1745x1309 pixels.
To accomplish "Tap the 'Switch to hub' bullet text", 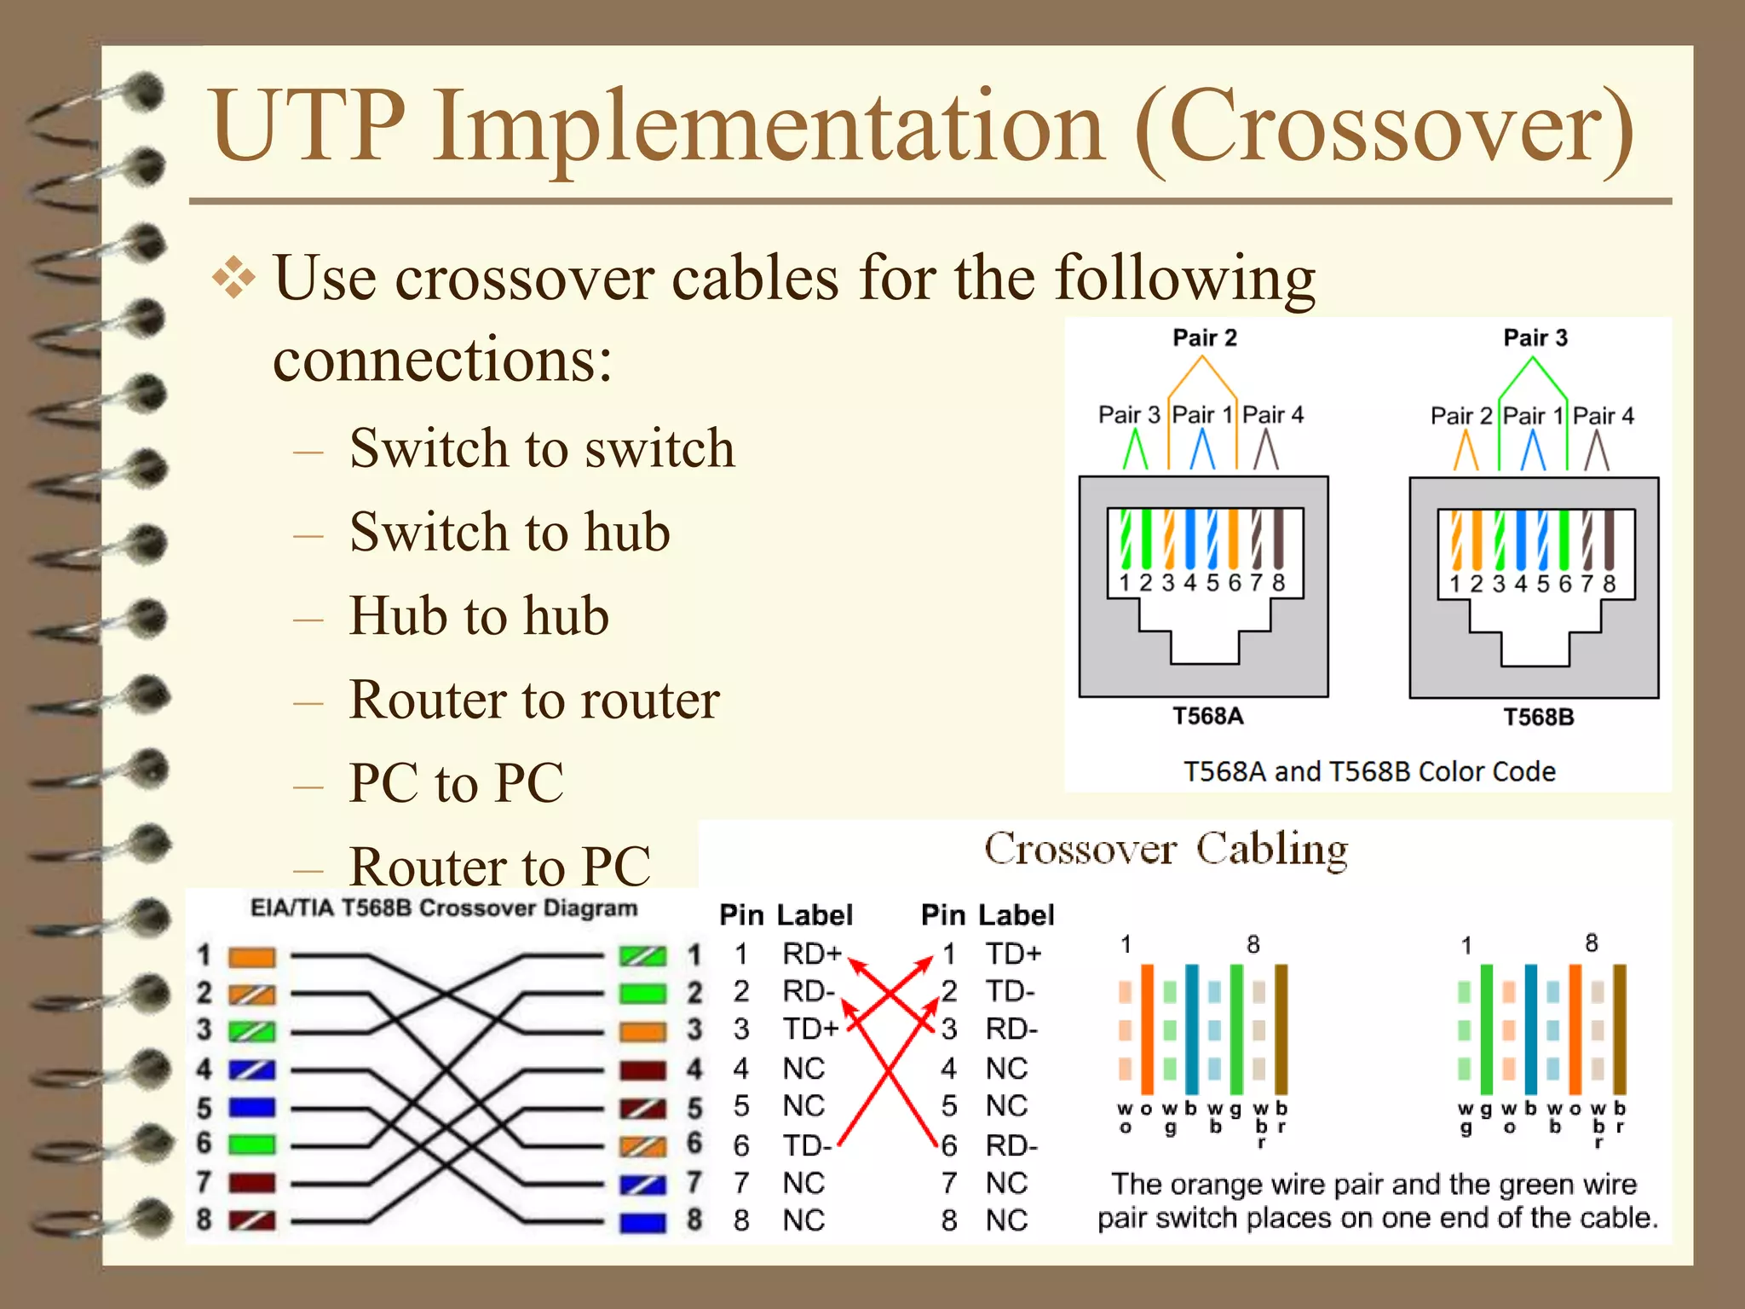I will (x=510, y=532).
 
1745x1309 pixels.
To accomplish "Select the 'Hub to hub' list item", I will (x=479, y=615).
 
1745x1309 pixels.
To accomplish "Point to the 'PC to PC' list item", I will (x=457, y=782).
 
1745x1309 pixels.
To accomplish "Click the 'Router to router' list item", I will (x=534, y=700).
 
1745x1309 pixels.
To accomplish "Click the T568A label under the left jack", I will (x=1207, y=716).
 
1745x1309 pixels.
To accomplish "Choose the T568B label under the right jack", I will (x=1538, y=718).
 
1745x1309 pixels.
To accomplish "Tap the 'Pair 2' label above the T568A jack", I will (x=1204, y=338).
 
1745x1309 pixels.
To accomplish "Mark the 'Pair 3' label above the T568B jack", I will (x=1535, y=338).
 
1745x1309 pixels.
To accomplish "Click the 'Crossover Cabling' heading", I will (x=1166, y=849).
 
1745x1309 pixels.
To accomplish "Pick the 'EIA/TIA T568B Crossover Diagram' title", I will (x=443, y=908).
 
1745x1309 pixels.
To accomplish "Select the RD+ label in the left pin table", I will (x=811, y=954).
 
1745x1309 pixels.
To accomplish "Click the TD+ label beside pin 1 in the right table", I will (x=1013, y=954).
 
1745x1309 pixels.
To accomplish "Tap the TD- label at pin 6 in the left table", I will (x=806, y=1145).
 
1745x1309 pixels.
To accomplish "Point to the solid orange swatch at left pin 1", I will (x=252, y=957).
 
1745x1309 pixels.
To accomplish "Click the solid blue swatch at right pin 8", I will (x=642, y=1222).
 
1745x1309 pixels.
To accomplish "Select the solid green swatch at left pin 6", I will (x=252, y=1144).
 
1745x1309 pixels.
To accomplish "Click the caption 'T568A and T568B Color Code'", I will (x=1369, y=771).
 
